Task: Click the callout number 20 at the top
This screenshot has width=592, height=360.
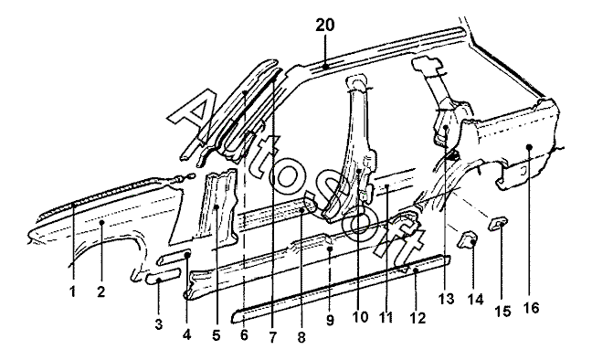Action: (325, 26)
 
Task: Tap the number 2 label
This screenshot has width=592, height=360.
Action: (100, 291)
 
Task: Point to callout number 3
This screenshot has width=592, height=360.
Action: (159, 323)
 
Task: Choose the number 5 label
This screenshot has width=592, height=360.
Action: (216, 334)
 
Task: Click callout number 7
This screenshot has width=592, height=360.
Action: (272, 336)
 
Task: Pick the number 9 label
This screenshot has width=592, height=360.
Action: (330, 321)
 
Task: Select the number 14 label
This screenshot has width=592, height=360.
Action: (475, 299)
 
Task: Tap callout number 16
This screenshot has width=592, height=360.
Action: (531, 308)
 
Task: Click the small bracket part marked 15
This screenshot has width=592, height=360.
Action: (499, 224)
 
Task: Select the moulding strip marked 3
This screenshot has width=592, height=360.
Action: (163, 280)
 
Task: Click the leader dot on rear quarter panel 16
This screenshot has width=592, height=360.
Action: (529, 146)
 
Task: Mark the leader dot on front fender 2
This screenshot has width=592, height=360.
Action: (101, 223)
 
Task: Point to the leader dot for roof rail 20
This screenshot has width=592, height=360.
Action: (325, 67)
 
